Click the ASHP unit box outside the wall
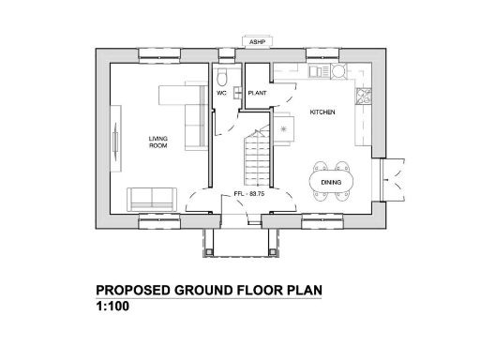coord(256,41)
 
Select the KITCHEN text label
coord(322,112)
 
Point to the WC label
coord(222,94)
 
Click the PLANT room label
coord(257,94)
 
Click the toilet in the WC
coord(222,77)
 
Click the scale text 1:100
coord(114,306)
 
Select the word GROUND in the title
coord(203,290)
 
